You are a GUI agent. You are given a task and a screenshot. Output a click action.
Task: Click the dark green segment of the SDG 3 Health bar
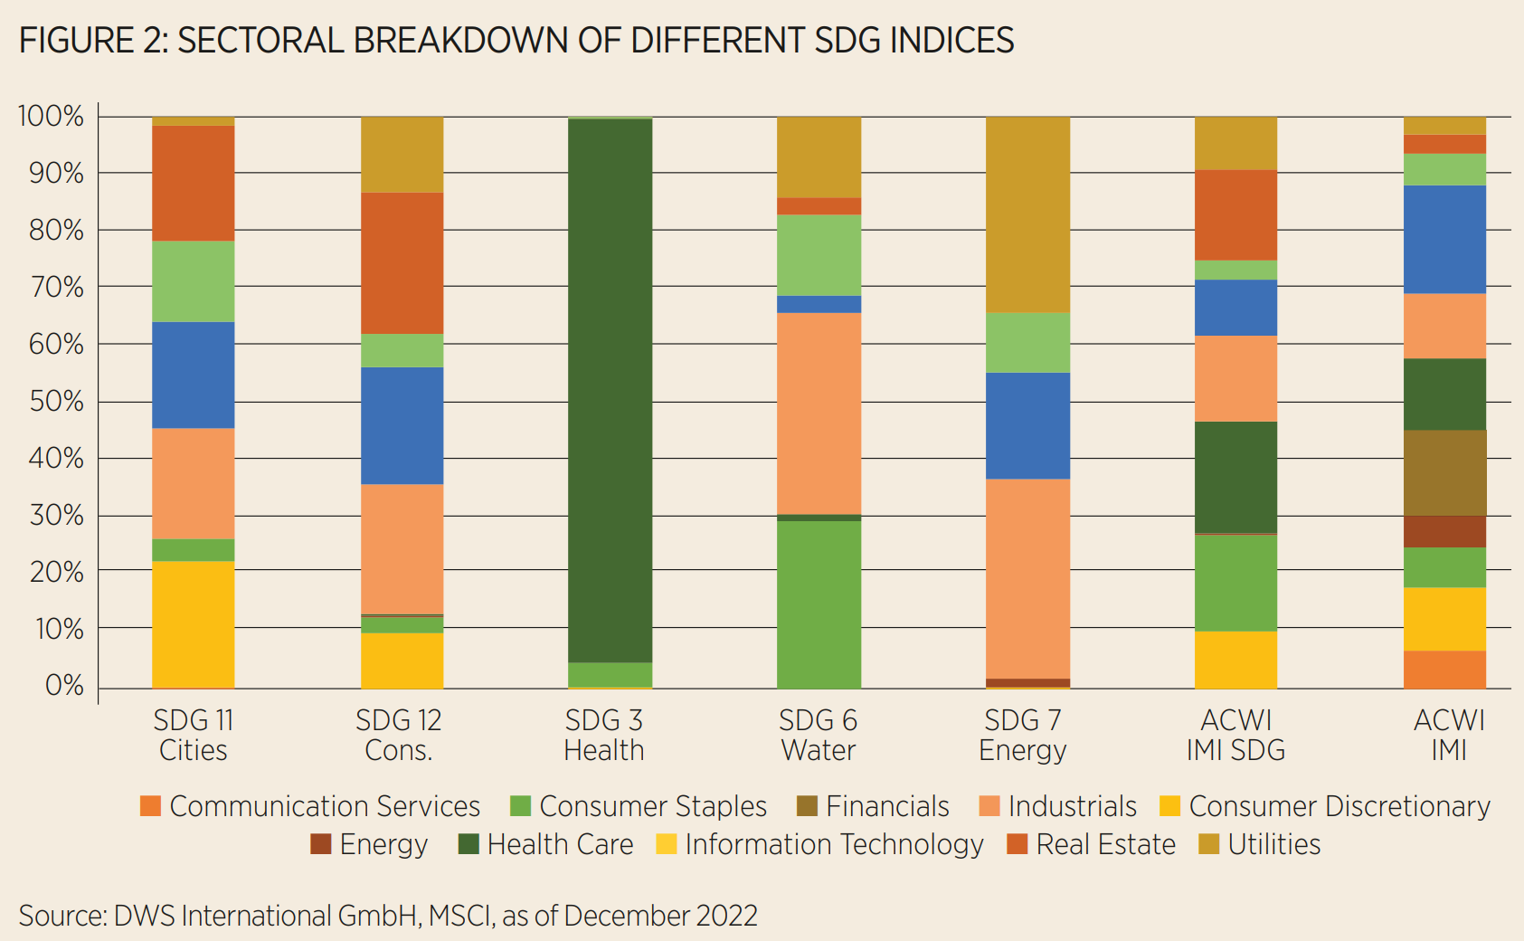click(x=610, y=389)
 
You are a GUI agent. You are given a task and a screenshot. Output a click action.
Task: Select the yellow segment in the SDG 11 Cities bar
click(x=193, y=624)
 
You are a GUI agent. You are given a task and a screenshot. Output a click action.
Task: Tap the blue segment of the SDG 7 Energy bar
click(x=1027, y=425)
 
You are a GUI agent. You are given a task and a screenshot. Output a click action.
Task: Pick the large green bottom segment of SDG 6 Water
click(x=819, y=604)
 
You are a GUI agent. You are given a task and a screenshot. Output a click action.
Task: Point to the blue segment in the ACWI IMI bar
click(x=1444, y=239)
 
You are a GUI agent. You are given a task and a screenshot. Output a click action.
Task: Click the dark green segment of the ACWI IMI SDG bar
click(x=1235, y=477)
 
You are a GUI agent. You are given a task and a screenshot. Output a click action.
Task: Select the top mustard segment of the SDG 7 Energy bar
click(x=1027, y=214)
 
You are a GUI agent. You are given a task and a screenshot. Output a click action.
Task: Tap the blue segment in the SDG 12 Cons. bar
click(x=402, y=425)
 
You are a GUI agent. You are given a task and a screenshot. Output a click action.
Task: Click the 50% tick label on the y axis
click(x=56, y=401)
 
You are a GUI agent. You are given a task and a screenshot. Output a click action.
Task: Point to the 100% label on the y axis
click(x=51, y=116)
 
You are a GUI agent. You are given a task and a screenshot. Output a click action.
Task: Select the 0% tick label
click(x=64, y=685)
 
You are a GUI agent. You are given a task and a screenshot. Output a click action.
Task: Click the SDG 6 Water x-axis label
click(x=818, y=735)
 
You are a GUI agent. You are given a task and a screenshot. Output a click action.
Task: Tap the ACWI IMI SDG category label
click(x=1235, y=735)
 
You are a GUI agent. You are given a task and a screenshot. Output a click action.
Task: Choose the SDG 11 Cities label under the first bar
click(x=193, y=735)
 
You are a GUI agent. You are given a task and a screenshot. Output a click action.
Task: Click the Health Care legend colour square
click(x=469, y=844)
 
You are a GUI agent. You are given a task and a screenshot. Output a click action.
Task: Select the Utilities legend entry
click(x=1273, y=844)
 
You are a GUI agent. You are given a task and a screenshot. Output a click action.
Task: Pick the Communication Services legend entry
click(x=324, y=806)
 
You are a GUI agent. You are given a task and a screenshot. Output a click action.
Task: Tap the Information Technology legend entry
click(x=833, y=844)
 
